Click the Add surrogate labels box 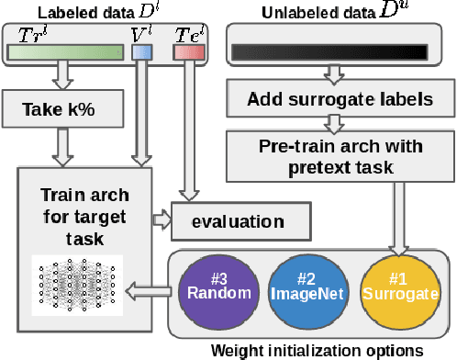tap(334, 98)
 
